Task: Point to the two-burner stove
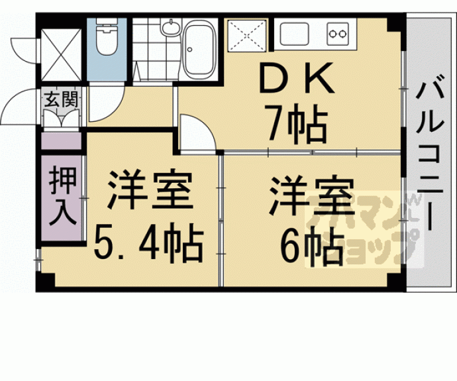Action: pyautogui.click(x=340, y=32)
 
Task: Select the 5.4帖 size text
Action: pyautogui.click(x=149, y=245)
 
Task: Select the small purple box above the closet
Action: pyautogui.click(x=62, y=141)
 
